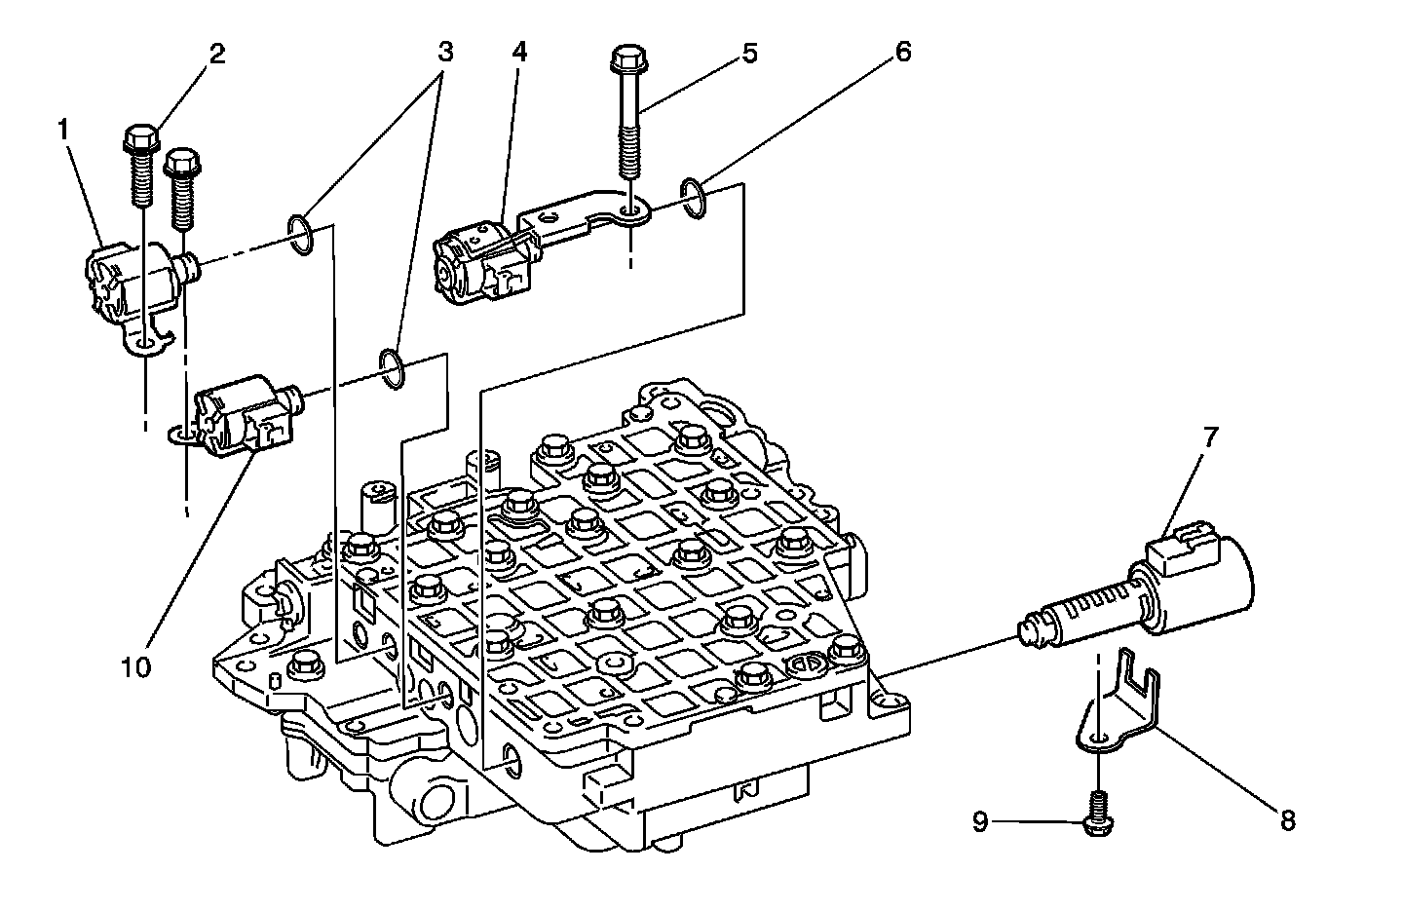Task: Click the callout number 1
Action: pos(64,130)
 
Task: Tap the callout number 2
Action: pos(216,53)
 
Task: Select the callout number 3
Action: pos(444,53)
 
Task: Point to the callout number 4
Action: pos(518,53)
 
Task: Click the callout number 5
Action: pos(748,53)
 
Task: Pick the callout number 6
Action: pos(902,53)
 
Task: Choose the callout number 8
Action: pos(1287,821)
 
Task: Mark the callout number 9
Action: pos(980,822)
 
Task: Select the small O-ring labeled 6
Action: pos(694,198)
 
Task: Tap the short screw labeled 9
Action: pos(1099,815)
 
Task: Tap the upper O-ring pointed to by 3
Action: pos(301,237)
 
